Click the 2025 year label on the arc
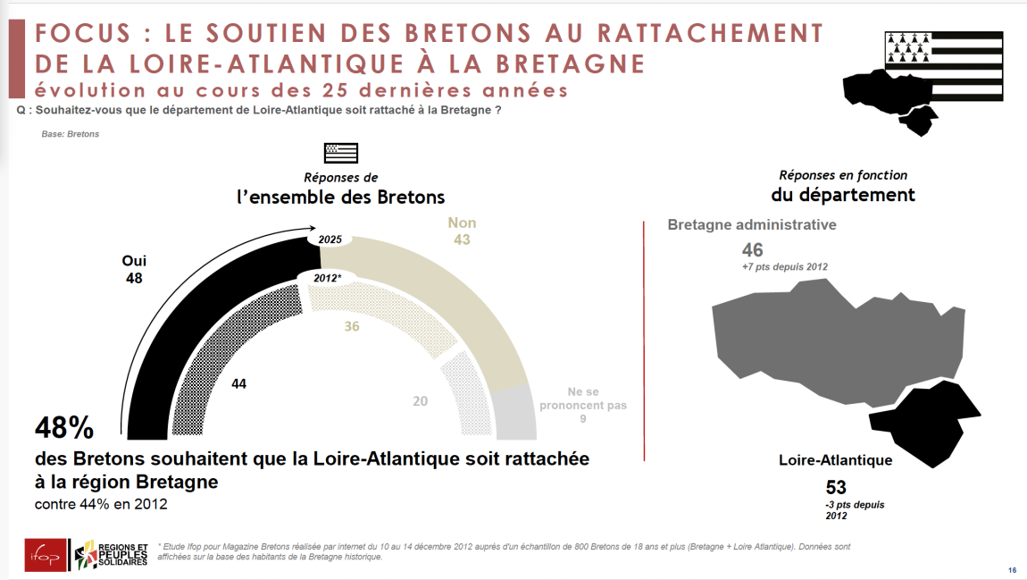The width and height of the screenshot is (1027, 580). (x=330, y=240)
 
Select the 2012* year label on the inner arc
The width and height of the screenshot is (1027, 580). (x=327, y=278)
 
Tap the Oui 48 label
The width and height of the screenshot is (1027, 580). (x=134, y=269)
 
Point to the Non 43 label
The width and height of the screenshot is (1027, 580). (x=462, y=231)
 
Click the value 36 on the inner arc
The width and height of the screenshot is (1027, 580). (x=352, y=326)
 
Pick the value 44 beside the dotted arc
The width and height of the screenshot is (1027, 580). (x=238, y=383)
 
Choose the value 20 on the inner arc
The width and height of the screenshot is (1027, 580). (x=420, y=401)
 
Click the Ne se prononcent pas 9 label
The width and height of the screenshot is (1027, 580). (x=582, y=405)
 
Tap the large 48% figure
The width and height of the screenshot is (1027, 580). (x=64, y=429)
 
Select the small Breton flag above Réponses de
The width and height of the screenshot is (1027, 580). (x=340, y=153)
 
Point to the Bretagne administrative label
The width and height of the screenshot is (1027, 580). (x=752, y=225)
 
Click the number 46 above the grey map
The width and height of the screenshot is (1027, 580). (x=752, y=249)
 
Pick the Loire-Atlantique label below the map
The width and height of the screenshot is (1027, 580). (x=835, y=461)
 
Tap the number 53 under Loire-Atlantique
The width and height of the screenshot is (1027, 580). (x=836, y=487)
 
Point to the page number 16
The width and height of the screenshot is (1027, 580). (x=1012, y=570)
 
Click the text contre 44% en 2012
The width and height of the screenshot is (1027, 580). (x=101, y=504)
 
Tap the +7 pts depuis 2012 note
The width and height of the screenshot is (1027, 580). (x=785, y=267)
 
